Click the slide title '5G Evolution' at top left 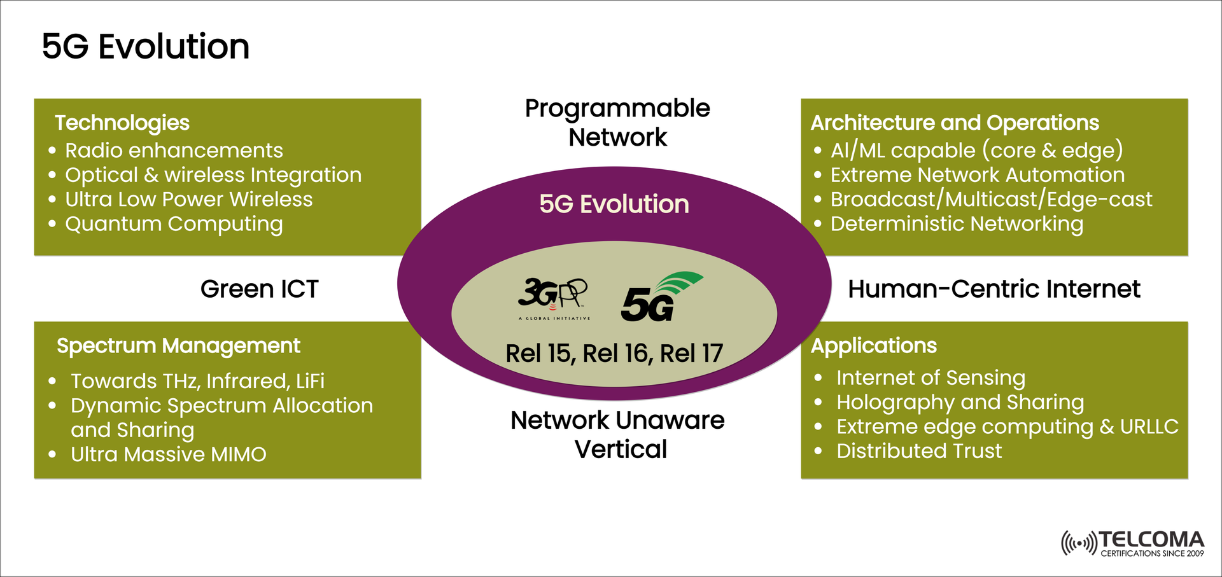coord(146,46)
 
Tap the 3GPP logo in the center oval coord(553,297)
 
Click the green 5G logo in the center coord(659,298)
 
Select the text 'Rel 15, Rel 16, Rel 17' coord(614,354)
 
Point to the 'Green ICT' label coord(259,289)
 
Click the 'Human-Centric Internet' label coord(994,289)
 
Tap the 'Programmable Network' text coord(617,123)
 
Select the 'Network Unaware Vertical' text coord(617,434)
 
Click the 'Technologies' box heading coord(122,123)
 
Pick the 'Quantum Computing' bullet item coord(174,224)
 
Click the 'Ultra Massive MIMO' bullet coord(168,454)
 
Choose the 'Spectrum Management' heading coord(178,345)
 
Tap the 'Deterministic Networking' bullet coord(956,224)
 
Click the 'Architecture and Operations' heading coord(955,123)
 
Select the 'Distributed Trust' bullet coord(918,451)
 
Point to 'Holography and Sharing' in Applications coord(960,402)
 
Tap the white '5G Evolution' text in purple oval coord(614,204)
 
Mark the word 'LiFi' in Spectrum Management coord(310,381)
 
